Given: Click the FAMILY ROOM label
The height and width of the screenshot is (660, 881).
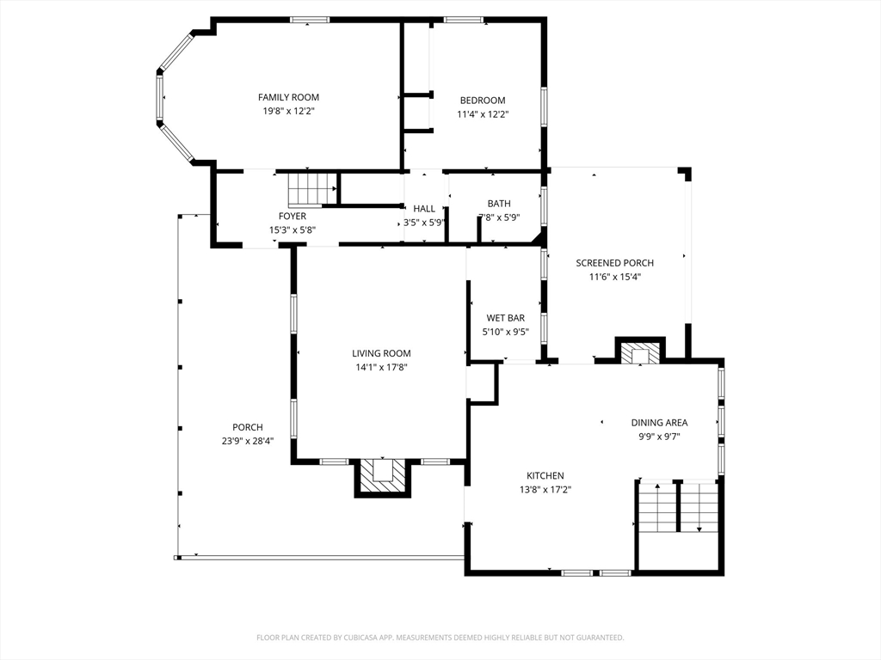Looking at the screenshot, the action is point(288,97).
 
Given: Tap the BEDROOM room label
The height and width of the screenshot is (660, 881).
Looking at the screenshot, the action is point(483,101).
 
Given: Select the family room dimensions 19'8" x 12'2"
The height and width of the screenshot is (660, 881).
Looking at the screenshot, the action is point(288,111).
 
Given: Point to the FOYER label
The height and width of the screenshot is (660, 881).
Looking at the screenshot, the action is point(293,216).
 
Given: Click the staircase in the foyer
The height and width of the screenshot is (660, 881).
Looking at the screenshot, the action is point(312,190).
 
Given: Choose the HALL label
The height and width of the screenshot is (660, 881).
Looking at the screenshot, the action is point(424,209).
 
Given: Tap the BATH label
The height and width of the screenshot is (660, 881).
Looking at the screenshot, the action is point(499,204).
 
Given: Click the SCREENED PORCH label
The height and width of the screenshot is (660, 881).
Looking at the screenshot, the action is point(614,263).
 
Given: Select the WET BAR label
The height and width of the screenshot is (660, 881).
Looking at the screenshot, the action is point(506,318).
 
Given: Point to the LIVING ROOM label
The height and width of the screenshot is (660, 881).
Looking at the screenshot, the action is point(381,353).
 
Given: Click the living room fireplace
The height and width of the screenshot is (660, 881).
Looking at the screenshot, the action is point(382,478).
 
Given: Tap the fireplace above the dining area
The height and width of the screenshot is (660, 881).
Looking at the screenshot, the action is point(640,351).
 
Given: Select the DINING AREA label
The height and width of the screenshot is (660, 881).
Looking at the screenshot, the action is point(659,423).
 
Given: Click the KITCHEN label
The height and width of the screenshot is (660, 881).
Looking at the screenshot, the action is point(545,476).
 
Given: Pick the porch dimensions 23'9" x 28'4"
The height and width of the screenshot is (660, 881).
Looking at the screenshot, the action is point(248,441).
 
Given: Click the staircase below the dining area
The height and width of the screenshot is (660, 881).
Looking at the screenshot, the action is point(679,507).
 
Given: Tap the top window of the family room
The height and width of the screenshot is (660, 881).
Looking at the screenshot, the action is point(310,21).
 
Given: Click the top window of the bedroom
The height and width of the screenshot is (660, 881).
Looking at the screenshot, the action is point(464,21).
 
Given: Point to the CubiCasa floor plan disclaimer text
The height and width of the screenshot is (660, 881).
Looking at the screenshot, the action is point(440,638).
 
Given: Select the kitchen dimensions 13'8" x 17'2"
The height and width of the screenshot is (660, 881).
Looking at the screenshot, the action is point(545,490).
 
